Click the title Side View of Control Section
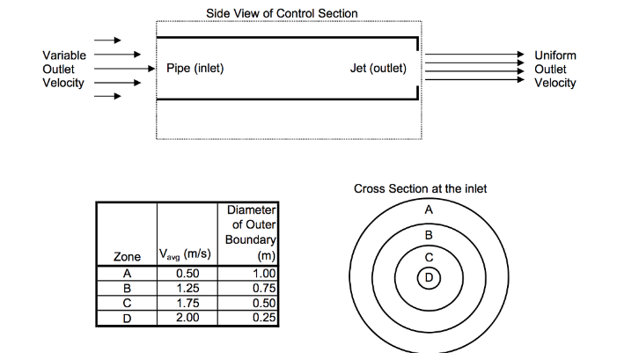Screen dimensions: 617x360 (x=282, y=13)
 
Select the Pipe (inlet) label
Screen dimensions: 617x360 (x=195, y=69)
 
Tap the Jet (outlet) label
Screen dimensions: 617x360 (x=378, y=69)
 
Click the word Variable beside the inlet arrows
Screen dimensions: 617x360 (x=64, y=55)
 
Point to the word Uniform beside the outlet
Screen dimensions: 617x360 (x=555, y=55)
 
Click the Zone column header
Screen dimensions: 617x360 (x=127, y=256)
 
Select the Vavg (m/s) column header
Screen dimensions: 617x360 (x=185, y=254)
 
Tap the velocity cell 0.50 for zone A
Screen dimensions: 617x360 (x=187, y=274)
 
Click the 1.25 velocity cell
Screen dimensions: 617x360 (x=187, y=289)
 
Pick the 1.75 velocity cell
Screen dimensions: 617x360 (x=187, y=304)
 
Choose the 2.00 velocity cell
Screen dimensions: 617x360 (x=187, y=318)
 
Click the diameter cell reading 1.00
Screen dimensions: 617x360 (x=264, y=274)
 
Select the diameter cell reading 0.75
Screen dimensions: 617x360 (x=264, y=289)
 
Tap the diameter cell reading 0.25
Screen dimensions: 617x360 (x=264, y=318)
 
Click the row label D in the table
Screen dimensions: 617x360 (x=127, y=318)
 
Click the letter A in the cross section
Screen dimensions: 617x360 (x=429, y=209)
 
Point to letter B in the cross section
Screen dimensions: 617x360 (x=429, y=235)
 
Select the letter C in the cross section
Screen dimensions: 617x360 (x=429, y=257)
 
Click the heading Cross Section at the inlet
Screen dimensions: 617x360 (x=420, y=189)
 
